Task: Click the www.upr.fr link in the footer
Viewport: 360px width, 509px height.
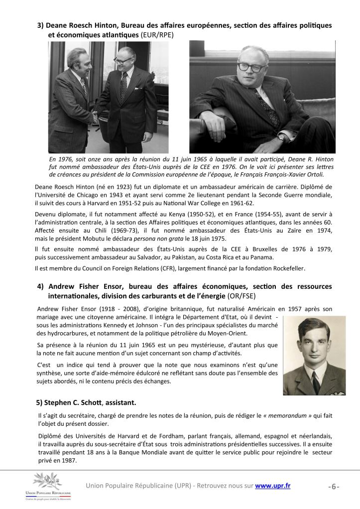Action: click(x=272, y=486)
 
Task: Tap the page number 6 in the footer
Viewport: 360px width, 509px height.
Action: click(x=334, y=487)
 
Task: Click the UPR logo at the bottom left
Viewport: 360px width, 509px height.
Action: click(x=49, y=486)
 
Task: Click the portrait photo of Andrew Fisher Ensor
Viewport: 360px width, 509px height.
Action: click(x=314, y=355)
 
